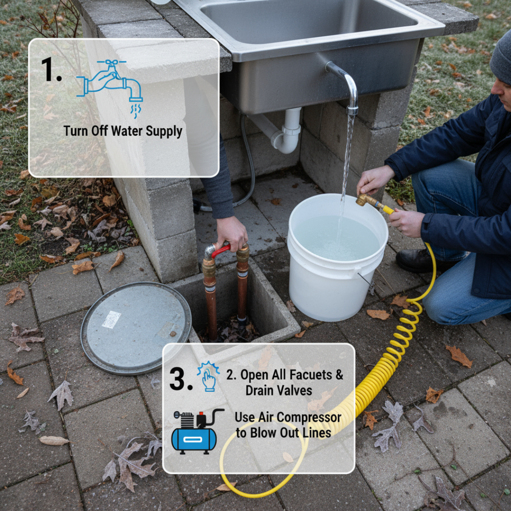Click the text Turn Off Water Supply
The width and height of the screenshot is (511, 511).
coord(123,131)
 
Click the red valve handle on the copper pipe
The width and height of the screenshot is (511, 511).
coord(220,250)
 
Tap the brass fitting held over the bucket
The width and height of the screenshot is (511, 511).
coord(366,200)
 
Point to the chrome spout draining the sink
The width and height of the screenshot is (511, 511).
coord(348,88)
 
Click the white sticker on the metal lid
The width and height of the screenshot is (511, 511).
coord(111,320)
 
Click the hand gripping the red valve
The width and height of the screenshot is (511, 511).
coord(232,232)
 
